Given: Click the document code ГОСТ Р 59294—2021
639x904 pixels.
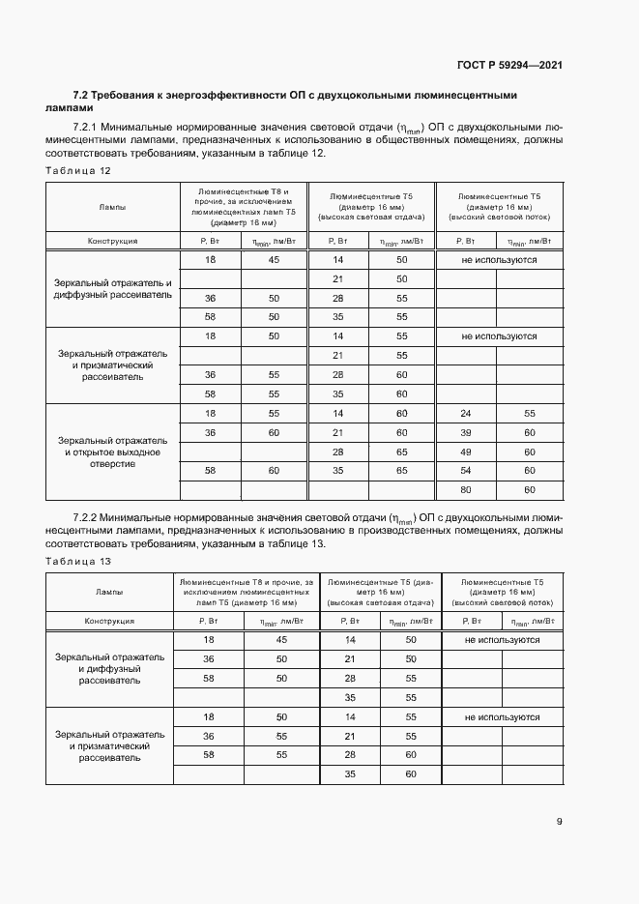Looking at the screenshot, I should (509, 66).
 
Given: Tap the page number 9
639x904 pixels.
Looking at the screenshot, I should (559, 822).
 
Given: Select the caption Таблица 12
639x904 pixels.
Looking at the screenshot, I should (78, 170).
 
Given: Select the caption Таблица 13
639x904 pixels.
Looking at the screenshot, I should (78, 561).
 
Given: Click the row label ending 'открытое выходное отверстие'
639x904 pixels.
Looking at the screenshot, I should (112, 451).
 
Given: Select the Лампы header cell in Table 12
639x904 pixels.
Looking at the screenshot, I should (112, 207).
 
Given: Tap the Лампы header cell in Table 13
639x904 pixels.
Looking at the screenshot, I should (108, 592).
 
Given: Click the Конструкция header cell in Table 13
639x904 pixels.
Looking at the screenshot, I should (108, 621).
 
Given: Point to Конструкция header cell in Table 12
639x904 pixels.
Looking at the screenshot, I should (112, 241).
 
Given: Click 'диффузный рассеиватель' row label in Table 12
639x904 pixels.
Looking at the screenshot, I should (112, 288).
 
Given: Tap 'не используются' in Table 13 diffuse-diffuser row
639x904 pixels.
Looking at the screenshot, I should (502, 640).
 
